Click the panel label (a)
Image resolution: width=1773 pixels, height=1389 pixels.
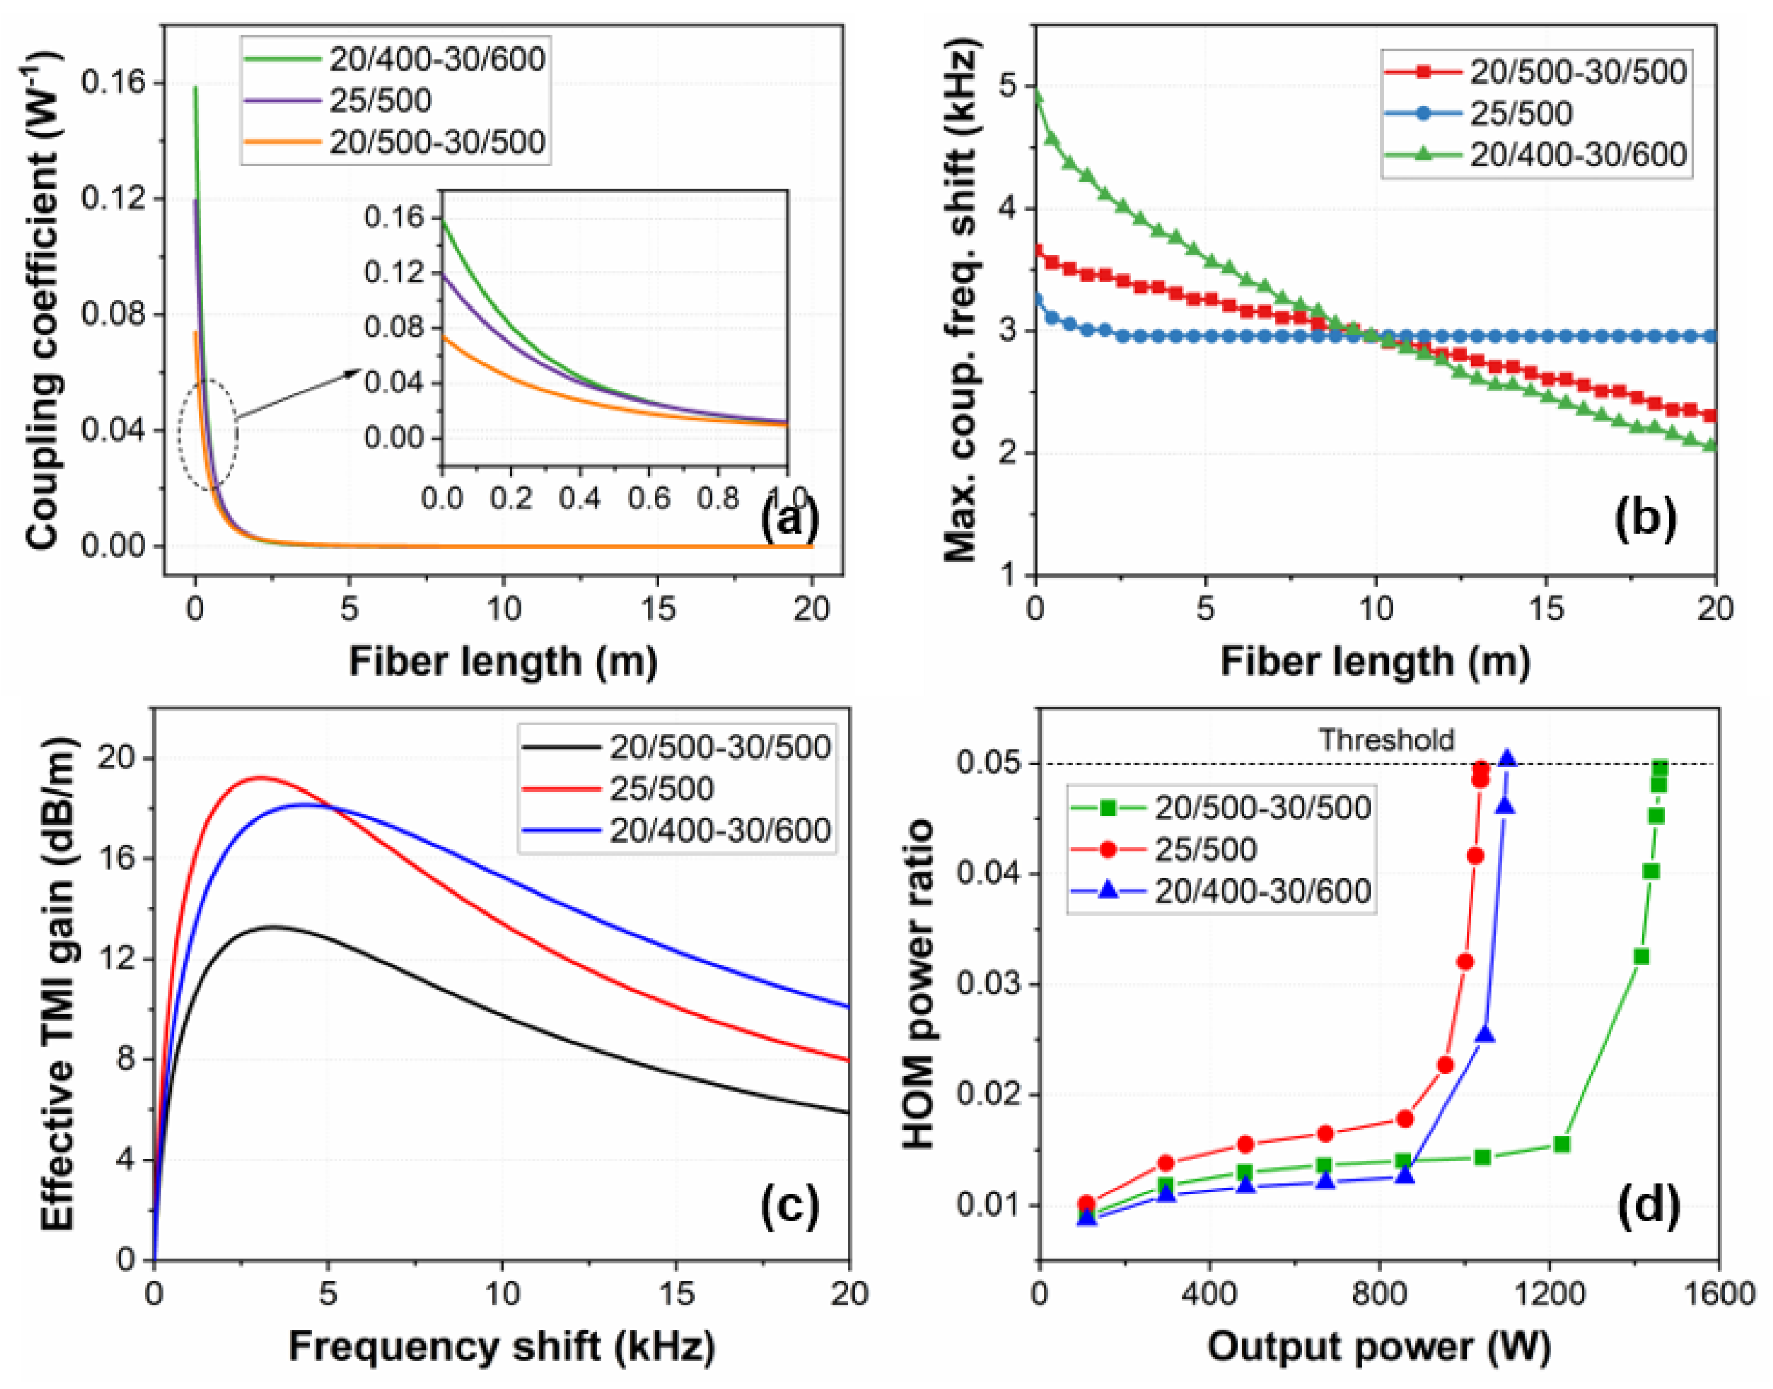(789, 519)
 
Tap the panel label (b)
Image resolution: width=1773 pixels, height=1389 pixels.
(1645, 519)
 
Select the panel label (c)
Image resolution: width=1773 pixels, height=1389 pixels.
(789, 1204)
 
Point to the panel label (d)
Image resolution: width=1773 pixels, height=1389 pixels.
(1648, 1204)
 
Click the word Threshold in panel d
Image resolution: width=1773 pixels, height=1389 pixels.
(1386, 740)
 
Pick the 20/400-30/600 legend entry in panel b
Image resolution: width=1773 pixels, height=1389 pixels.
(1577, 154)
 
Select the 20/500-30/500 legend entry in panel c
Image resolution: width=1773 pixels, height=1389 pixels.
(719, 747)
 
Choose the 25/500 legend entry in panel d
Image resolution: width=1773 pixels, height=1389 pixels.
(1205, 849)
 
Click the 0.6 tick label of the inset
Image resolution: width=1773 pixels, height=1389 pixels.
(648, 498)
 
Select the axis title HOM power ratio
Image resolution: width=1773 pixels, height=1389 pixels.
(919, 984)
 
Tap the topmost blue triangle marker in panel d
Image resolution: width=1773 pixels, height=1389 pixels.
(1507, 758)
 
